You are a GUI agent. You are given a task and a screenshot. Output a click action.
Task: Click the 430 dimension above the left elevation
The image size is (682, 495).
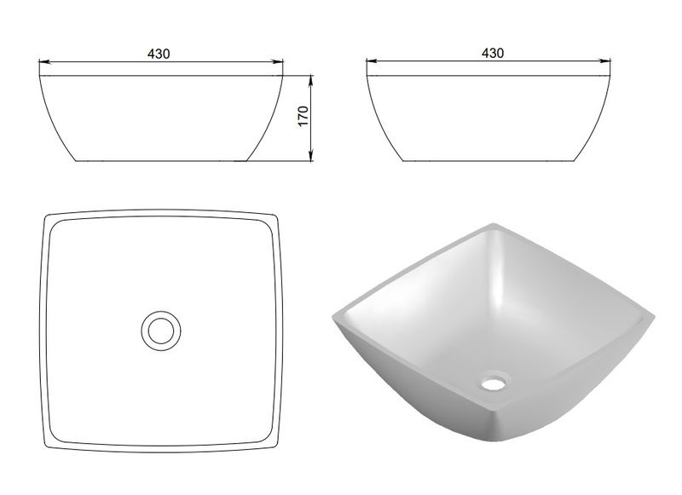coord(159,54)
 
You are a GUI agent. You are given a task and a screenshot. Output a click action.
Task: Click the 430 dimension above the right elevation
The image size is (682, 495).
coord(493,53)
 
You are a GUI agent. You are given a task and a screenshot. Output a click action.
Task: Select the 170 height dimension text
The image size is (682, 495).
coord(303,116)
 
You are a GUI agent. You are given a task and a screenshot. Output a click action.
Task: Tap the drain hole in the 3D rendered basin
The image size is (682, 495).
coord(494,383)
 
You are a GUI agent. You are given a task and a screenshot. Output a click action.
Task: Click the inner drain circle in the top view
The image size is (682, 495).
coord(161,331)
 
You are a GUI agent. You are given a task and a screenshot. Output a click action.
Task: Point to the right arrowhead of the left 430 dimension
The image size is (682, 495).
coord(277,62)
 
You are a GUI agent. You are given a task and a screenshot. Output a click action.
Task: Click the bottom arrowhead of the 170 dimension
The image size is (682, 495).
coord(311,155)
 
